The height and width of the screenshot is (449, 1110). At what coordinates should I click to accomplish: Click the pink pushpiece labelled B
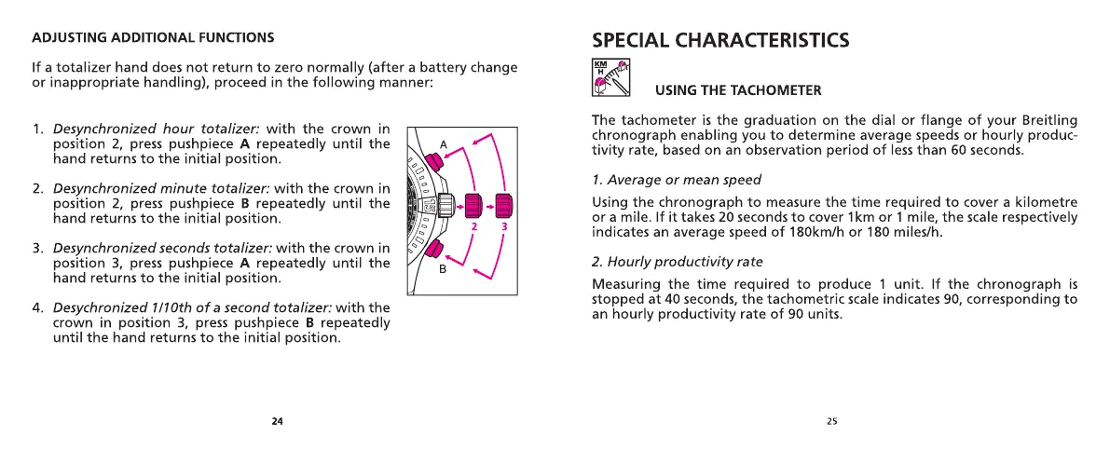point(432,249)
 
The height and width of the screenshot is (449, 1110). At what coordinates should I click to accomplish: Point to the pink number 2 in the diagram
point(473,225)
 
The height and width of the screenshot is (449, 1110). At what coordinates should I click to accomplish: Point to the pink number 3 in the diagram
point(504,225)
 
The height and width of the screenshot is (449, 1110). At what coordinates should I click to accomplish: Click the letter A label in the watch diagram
point(444,144)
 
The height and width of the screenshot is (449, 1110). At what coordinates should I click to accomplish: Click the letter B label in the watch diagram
point(443,269)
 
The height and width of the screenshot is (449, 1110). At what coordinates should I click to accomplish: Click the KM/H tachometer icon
point(611,78)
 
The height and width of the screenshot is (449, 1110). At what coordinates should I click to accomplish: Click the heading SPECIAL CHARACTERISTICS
point(720,40)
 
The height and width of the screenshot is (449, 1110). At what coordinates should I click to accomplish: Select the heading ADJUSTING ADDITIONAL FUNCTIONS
point(153,38)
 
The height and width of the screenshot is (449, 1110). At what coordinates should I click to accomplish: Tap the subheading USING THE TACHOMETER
point(738,90)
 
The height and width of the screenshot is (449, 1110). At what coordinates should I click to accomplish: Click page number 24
point(277,421)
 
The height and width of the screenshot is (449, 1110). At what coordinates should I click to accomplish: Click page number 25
point(831,421)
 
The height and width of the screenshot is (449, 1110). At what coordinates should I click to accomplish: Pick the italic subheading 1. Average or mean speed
point(677,180)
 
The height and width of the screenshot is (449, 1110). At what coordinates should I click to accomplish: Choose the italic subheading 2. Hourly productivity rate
point(678,262)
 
